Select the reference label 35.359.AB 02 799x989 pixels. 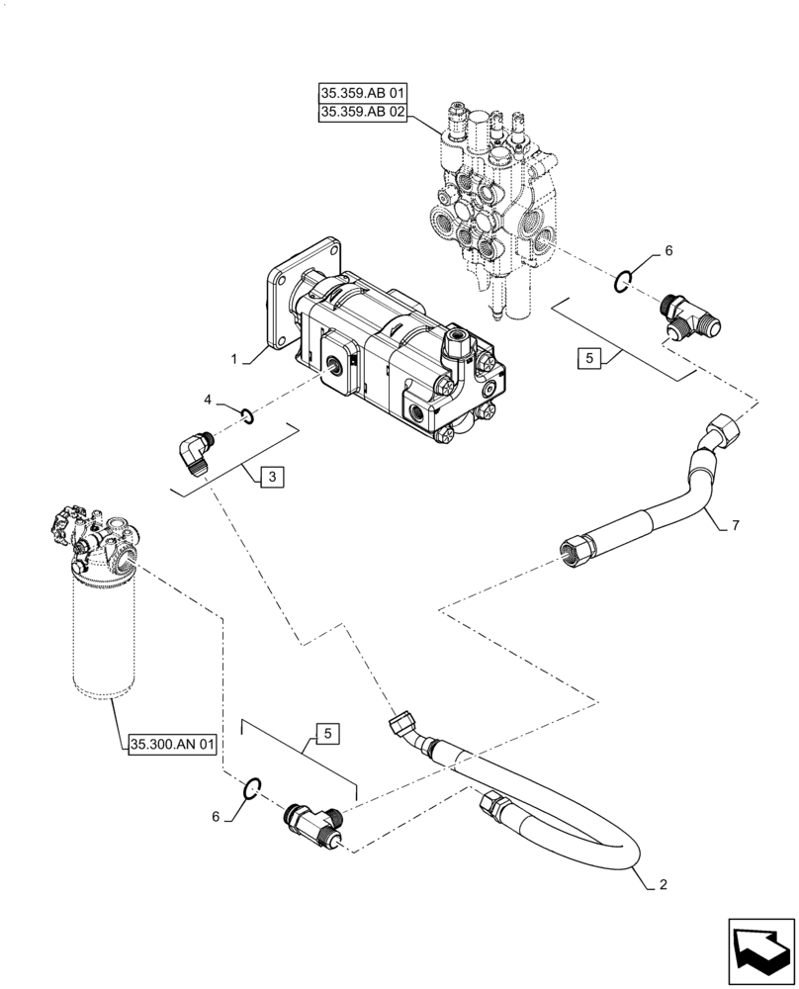(x=363, y=113)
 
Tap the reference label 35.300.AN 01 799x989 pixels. (x=171, y=745)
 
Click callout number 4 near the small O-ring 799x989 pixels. (x=208, y=400)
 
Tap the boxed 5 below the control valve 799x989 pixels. (x=588, y=359)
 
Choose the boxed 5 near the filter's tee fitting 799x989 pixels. (x=327, y=733)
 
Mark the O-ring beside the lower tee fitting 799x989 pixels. (x=252, y=787)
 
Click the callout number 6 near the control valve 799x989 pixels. (x=667, y=252)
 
